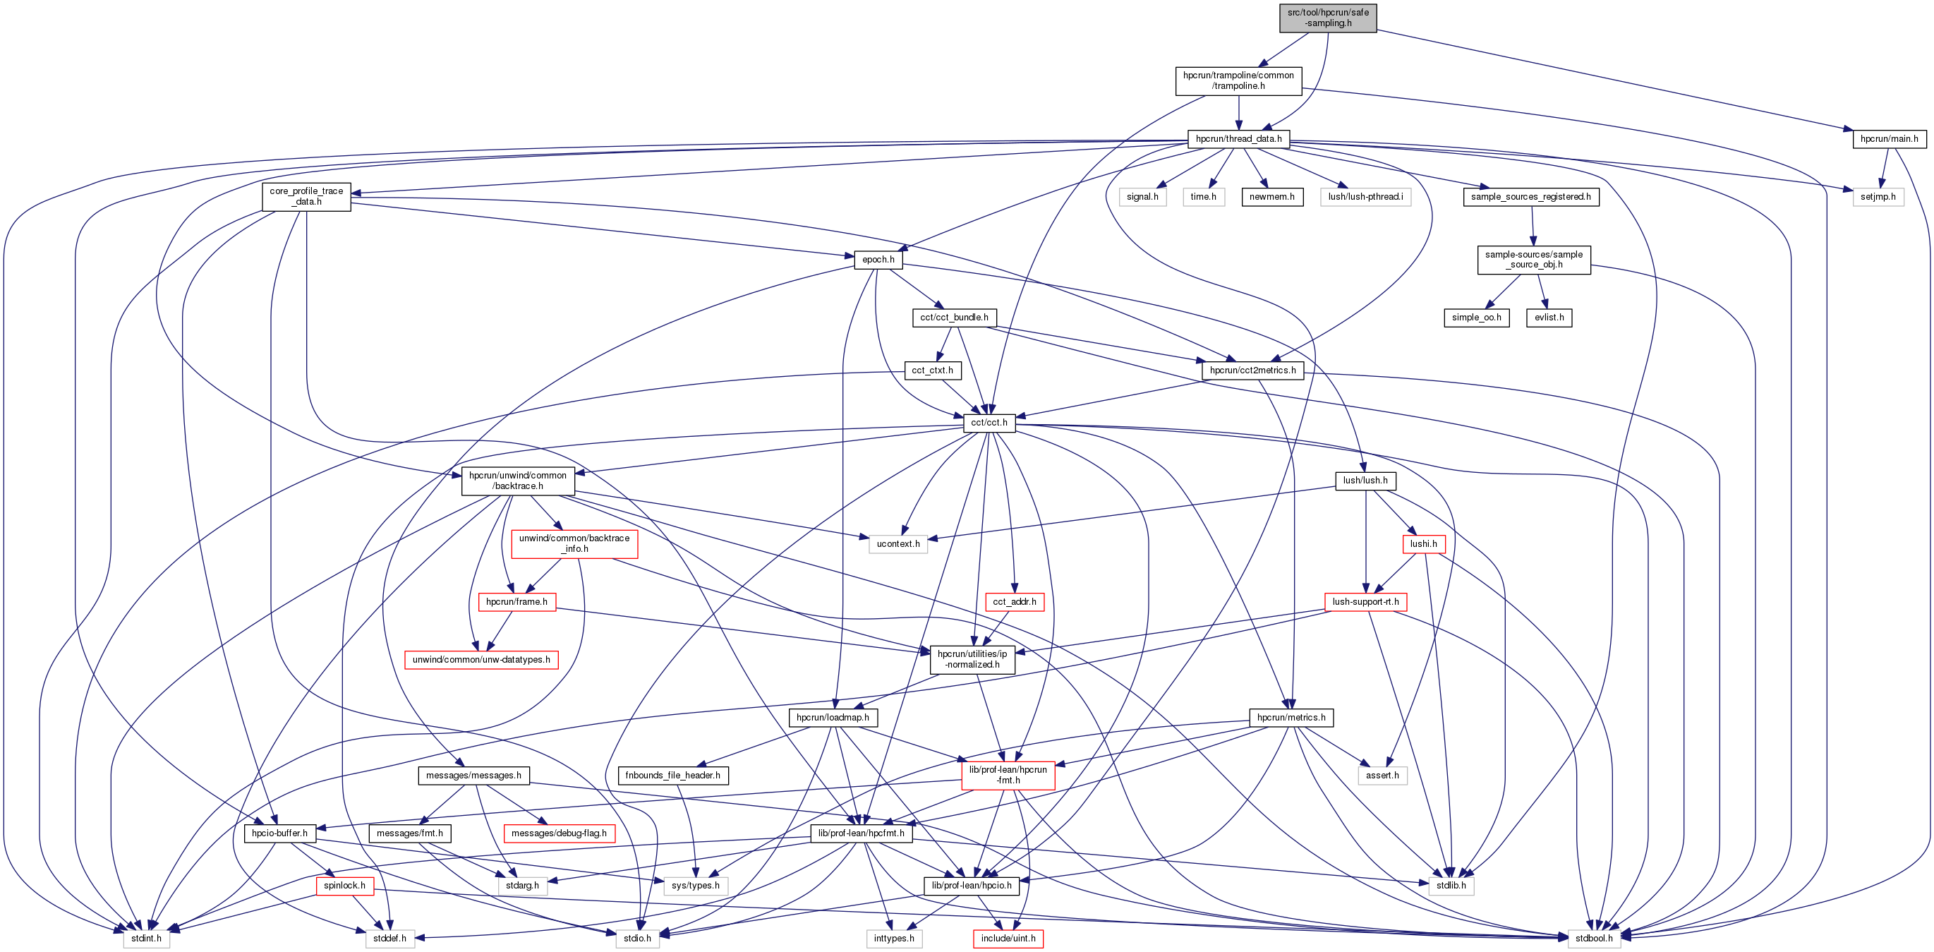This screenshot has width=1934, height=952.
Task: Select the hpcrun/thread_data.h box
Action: pyautogui.click(x=1238, y=139)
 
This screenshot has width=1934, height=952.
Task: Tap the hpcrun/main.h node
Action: pyautogui.click(x=1889, y=139)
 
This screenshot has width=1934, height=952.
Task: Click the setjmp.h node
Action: pyautogui.click(x=1878, y=197)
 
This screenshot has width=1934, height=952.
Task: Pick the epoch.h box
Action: pyautogui.click(x=878, y=260)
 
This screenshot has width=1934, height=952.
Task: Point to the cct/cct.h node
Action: pyautogui.click(x=989, y=423)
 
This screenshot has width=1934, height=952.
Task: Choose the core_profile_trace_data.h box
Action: pyautogui.click(x=306, y=197)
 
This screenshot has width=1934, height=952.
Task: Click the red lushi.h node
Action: pyautogui.click(x=1422, y=543)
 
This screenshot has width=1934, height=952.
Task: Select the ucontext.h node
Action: pyautogui.click(x=898, y=543)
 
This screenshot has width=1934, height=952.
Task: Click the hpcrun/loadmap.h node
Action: pyautogui.click(x=833, y=718)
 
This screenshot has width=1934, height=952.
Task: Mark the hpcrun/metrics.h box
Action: pyautogui.click(x=1291, y=718)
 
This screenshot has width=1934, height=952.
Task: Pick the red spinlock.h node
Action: pyautogui.click(x=344, y=886)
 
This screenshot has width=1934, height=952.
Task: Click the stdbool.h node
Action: pyautogui.click(x=1594, y=939)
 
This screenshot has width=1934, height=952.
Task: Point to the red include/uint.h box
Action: pyautogui.click(x=1008, y=939)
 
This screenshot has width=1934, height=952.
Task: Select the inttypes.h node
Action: pyautogui.click(x=893, y=939)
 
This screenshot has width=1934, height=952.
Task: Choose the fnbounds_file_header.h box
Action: pyautogui.click(x=672, y=776)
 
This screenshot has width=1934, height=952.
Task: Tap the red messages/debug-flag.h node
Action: pyautogui.click(x=559, y=833)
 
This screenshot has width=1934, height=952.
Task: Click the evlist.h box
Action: pyautogui.click(x=1549, y=318)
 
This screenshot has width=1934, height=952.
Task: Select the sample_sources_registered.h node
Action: pyautogui.click(x=1530, y=197)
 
